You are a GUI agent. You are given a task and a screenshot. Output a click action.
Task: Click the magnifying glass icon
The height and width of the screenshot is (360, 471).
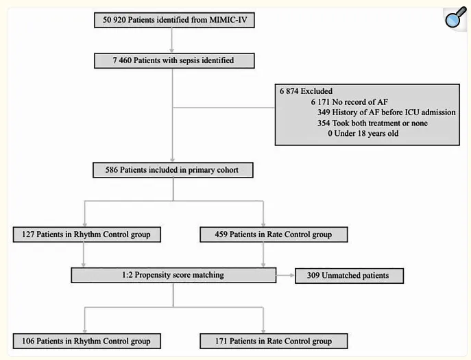(x=456, y=17)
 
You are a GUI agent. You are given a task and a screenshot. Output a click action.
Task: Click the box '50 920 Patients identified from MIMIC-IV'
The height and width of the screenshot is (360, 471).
(x=174, y=20)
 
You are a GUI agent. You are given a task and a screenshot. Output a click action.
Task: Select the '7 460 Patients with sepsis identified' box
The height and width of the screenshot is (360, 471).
(x=174, y=61)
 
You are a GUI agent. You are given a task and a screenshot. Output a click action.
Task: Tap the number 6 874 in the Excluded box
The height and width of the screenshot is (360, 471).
(x=289, y=91)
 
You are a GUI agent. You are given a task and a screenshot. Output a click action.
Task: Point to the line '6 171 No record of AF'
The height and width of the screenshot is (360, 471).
(x=349, y=102)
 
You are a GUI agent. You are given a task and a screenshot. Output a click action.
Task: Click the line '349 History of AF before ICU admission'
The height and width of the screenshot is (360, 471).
(x=386, y=112)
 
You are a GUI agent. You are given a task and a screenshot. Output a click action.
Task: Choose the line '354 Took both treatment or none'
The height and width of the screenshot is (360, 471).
(x=372, y=123)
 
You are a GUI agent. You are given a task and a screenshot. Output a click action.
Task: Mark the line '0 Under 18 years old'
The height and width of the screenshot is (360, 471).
(x=363, y=133)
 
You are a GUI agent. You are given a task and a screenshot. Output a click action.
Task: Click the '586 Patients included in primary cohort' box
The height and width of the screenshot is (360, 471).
(x=173, y=170)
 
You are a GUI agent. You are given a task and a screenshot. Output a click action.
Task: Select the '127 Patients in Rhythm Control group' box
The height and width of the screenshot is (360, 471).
(x=87, y=235)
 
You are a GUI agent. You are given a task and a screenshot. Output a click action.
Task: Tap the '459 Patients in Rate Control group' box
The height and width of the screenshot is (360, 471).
(x=274, y=235)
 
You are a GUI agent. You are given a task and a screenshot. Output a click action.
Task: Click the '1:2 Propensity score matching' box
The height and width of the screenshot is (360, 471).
(x=173, y=275)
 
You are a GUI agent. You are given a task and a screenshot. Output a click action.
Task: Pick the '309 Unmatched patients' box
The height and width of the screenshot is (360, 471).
(x=350, y=276)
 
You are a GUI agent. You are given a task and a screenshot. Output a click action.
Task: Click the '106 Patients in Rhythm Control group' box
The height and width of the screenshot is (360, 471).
(x=87, y=341)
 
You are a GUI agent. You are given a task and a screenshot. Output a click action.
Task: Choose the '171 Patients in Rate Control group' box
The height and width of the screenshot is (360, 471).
(x=274, y=341)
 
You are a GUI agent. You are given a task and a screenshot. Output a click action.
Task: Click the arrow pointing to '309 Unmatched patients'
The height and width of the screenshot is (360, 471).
(x=285, y=275)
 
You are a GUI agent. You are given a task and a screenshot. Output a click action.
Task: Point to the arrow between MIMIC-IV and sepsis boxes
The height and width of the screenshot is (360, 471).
(x=172, y=40)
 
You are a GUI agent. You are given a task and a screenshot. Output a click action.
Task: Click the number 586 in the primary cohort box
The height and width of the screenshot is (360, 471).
(x=112, y=170)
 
